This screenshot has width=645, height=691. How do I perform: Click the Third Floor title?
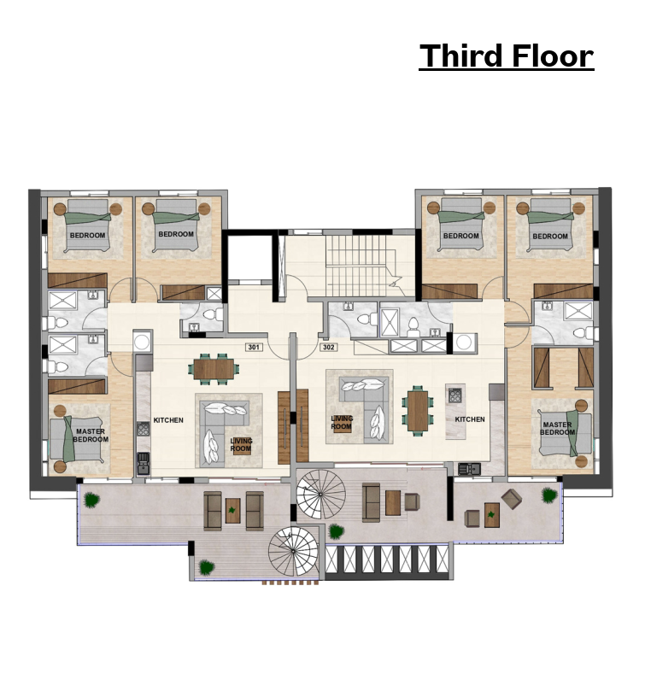coord(506,56)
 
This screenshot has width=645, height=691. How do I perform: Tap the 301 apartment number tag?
coord(254,348)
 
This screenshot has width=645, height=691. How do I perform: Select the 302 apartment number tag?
coord(328,348)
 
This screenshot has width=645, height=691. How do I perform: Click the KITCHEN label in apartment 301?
coord(168,420)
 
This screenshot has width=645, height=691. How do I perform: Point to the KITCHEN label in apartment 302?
coord(470,419)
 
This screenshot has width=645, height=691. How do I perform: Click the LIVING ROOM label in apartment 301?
coord(241,445)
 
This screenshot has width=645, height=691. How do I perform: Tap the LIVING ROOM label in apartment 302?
coord(342,423)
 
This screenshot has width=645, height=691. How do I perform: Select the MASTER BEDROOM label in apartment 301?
coord(91,436)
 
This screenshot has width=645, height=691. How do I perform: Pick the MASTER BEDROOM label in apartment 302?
coord(557,428)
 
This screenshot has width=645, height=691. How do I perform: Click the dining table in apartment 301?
coord(214,369)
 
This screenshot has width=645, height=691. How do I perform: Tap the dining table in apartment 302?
coord(418,411)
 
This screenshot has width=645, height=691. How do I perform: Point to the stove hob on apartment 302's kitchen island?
coord(455,395)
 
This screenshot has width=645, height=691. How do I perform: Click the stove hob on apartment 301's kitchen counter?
coord(144,429)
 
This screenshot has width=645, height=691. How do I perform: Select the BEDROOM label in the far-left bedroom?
coord(88,236)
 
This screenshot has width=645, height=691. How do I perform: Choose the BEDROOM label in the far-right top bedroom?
coord(550,237)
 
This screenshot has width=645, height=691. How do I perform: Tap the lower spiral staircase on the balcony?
coord(293,551)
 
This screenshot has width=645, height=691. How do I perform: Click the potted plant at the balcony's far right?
coord(549,495)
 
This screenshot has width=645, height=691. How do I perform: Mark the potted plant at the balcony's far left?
coord(91,501)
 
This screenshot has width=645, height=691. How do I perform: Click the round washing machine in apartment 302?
coord(463,342)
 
